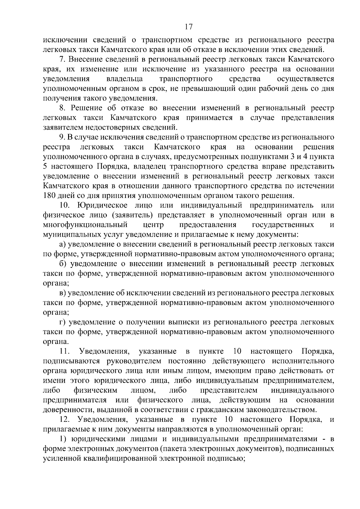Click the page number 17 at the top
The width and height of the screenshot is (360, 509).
tap(188, 27)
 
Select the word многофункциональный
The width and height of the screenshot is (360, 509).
tap(85, 225)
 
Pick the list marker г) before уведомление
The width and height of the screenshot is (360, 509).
tap(62, 322)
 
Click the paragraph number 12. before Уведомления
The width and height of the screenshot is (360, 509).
tap(65, 419)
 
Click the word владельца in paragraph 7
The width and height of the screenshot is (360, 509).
tap(125, 79)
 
